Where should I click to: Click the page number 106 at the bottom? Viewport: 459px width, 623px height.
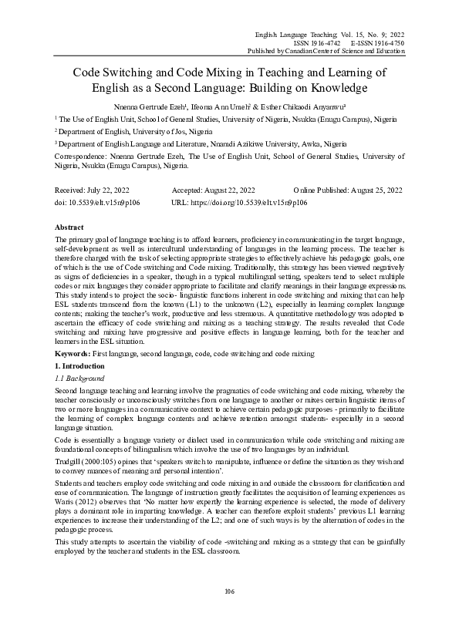pos(229,591)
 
